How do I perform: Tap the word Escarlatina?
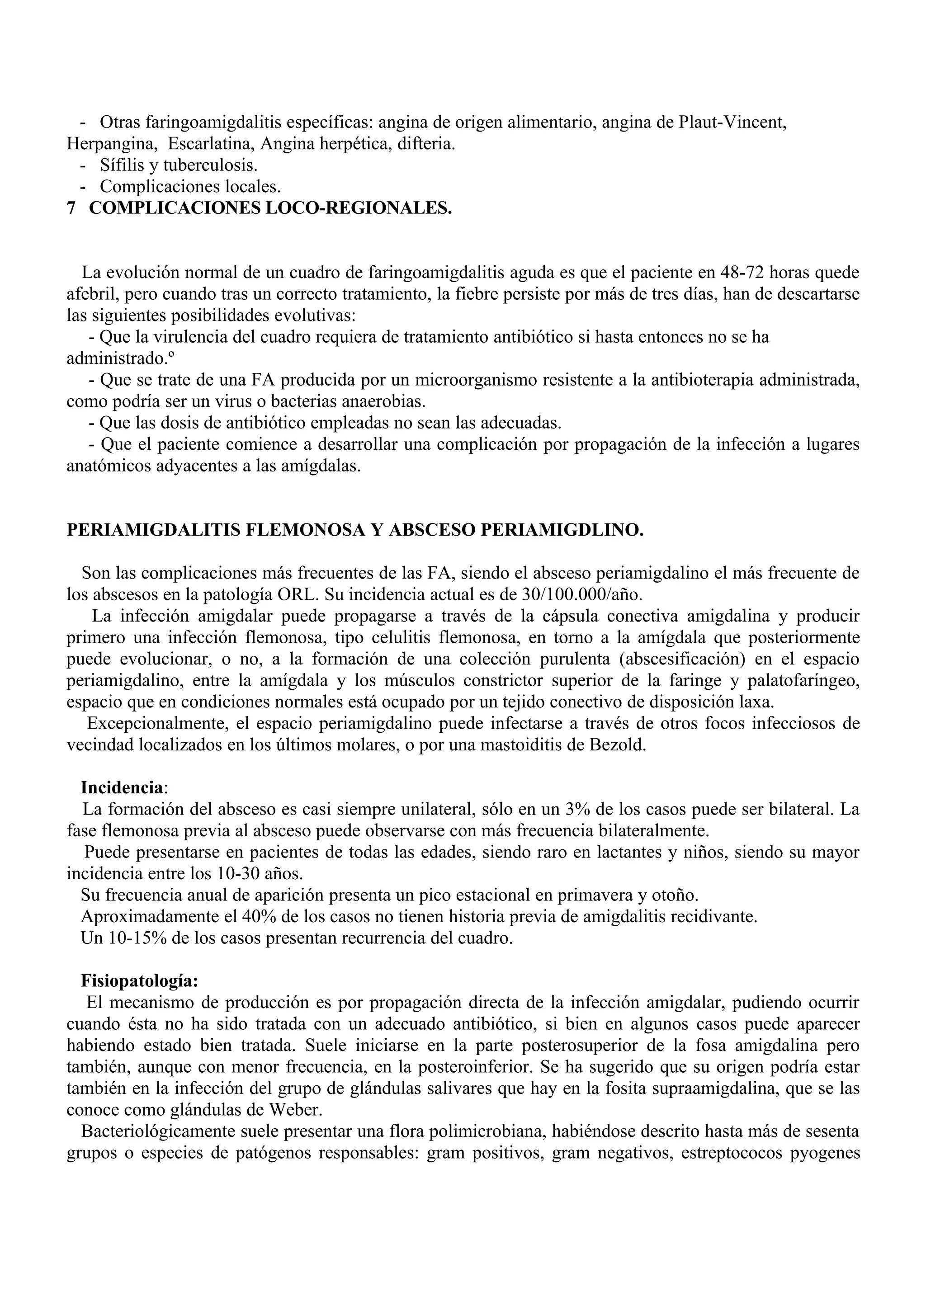point(211,144)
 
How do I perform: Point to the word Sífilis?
point(123,165)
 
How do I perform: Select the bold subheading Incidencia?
point(122,788)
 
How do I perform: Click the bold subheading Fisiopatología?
point(140,981)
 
